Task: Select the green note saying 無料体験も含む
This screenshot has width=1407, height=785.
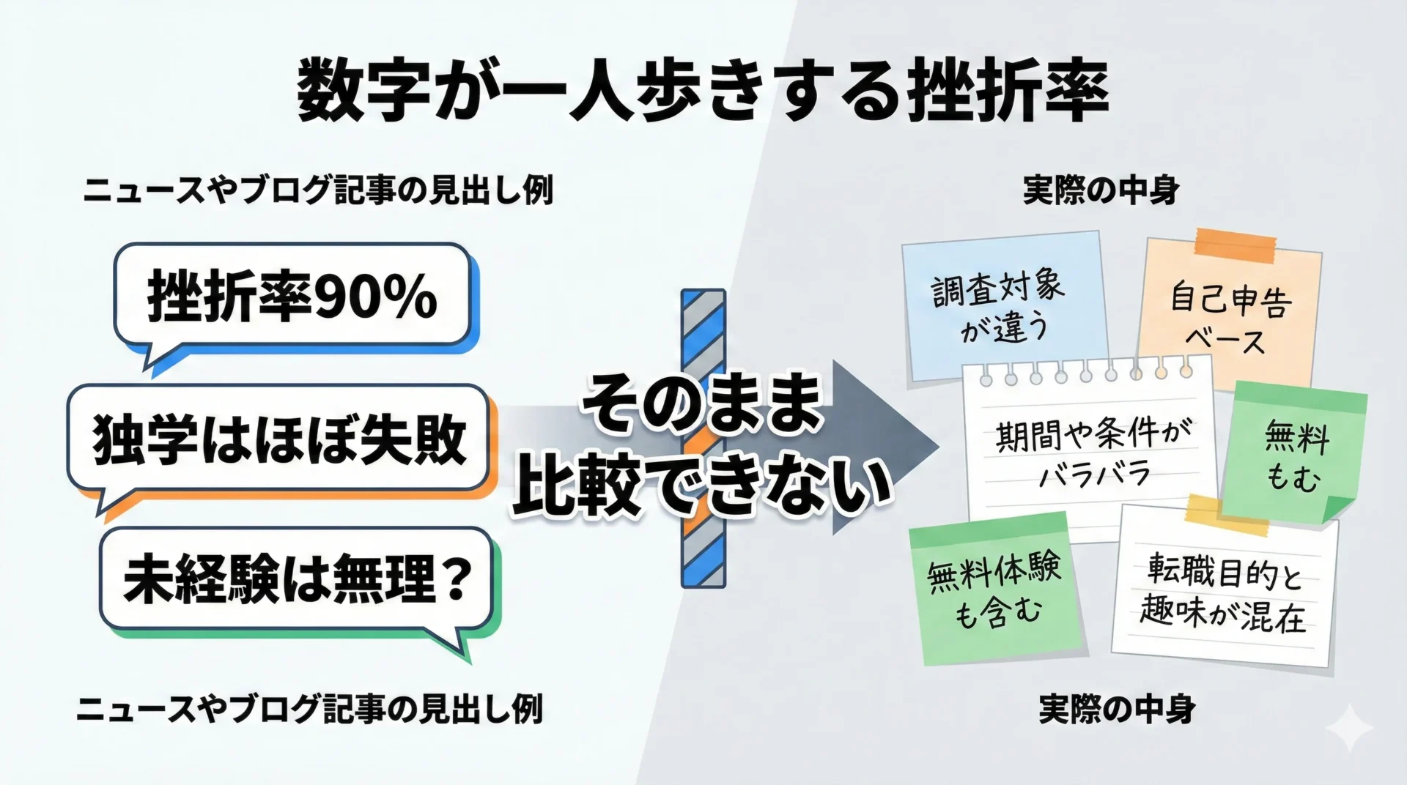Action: coord(996,589)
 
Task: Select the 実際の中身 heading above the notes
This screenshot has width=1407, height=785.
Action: coord(1101,191)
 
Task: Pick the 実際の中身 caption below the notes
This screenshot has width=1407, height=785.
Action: coord(1117,709)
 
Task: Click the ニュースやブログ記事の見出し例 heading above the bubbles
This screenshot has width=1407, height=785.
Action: coord(317,191)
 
